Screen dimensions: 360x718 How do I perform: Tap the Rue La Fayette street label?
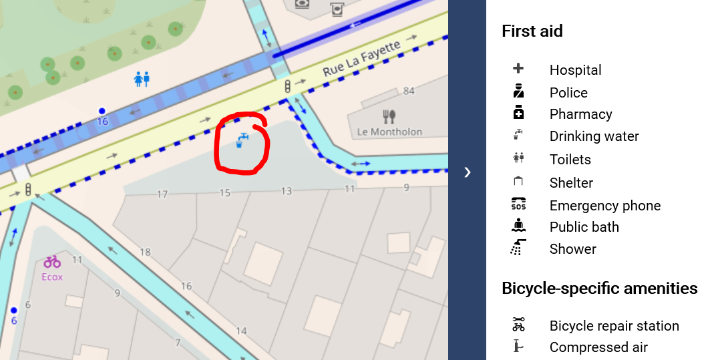[361, 60]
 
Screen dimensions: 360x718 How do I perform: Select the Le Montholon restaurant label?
[389, 132]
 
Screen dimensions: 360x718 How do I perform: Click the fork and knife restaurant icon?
[389, 116]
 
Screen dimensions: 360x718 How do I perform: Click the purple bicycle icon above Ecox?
[53, 262]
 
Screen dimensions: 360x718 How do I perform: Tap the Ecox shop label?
[52, 276]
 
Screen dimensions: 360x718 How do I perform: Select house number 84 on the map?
[409, 91]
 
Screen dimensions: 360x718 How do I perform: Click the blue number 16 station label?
[102, 121]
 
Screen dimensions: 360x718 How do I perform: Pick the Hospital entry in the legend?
[575, 70]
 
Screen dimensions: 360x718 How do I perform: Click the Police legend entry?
[568, 93]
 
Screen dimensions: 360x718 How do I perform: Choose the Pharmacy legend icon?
[518, 114]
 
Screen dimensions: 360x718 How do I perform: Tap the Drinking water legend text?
[594, 136]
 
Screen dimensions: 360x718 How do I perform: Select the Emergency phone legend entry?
[604, 206]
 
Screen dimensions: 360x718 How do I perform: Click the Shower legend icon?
[518, 248]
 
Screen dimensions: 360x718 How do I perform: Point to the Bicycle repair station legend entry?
[614, 326]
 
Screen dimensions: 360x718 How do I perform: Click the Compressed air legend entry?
[598, 347]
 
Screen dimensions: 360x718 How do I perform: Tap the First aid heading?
[532, 31]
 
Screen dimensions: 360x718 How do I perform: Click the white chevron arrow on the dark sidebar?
[468, 172]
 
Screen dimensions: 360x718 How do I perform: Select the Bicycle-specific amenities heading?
[599, 289]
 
